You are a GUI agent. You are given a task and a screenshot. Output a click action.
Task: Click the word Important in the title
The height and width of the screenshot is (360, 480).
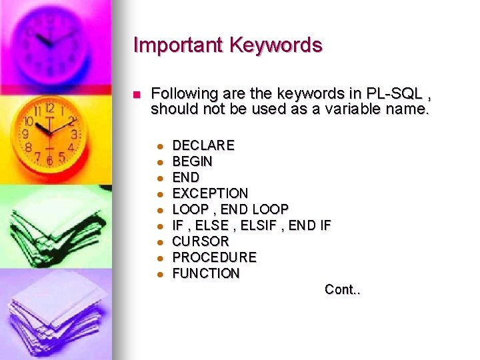[x=179, y=45]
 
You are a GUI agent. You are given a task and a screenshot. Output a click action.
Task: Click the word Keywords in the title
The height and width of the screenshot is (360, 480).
[x=276, y=45]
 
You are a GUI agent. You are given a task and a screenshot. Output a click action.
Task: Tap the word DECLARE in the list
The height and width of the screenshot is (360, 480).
[x=203, y=145]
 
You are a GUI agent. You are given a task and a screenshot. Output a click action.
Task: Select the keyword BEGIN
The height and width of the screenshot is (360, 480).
[x=193, y=161]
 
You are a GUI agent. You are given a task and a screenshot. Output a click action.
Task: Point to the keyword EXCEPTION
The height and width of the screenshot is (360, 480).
[x=210, y=193]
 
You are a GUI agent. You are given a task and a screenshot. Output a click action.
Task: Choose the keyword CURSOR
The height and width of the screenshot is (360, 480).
[x=201, y=241]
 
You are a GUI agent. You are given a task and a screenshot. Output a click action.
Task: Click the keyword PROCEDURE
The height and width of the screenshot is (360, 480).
[x=214, y=257]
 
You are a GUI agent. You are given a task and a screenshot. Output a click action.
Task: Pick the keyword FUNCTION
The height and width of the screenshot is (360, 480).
[x=206, y=273]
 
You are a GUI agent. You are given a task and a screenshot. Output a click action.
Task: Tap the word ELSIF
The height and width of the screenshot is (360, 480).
[x=257, y=225]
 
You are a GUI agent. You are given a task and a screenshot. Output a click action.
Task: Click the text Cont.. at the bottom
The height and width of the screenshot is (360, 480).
[x=342, y=289]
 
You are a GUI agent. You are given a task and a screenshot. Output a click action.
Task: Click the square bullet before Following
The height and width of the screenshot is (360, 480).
[x=137, y=95]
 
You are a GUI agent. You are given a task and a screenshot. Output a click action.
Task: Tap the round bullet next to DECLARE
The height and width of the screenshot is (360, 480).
[x=160, y=146]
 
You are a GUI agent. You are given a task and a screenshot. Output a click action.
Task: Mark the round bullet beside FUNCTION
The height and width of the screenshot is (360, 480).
[x=160, y=274]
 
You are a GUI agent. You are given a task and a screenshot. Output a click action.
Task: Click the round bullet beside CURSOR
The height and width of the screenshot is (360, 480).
[x=160, y=242]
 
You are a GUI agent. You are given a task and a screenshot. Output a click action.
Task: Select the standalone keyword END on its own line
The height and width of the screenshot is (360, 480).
[x=186, y=177]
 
